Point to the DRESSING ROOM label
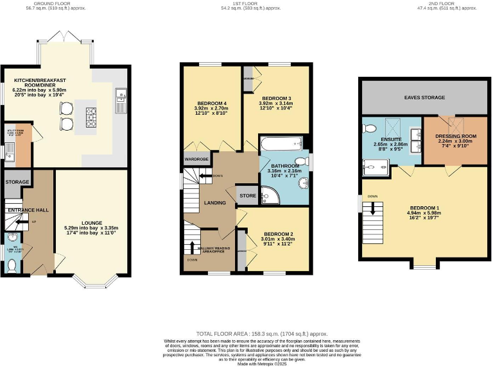click(455, 136)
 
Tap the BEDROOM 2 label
click(278, 234)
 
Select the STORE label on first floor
click(247, 196)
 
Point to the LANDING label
click(215, 203)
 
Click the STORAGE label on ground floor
click(17, 182)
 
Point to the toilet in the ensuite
click(369, 128)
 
